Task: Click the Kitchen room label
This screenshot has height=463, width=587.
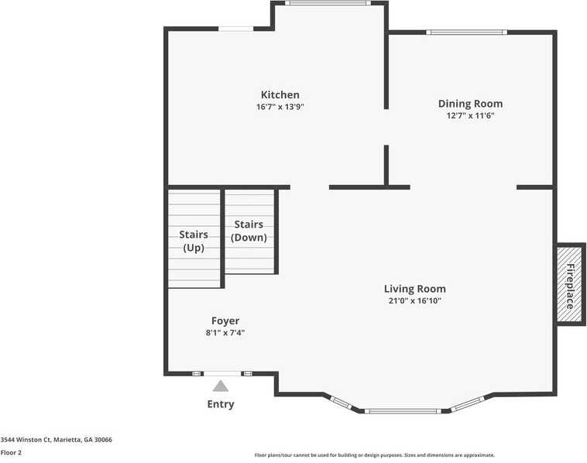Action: click(x=280, y=94)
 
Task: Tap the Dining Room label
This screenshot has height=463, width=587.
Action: click(x=470, y=104)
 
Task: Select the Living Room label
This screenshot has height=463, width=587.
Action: click(x=414, y=289)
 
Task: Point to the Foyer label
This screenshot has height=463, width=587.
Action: click(x=225, y=321)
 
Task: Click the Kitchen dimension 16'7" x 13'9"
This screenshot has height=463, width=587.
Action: click(x=280, y=107)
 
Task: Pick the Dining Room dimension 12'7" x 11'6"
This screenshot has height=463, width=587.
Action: click(x=470, y=115)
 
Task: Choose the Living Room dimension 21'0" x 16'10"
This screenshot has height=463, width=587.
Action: click(x=414, y=301)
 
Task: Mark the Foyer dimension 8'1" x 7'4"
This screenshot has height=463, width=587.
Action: click(x=225, y=333)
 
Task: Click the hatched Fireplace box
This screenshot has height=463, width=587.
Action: click(x=569, y=285)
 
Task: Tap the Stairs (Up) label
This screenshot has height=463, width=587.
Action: click(x=193, y=241)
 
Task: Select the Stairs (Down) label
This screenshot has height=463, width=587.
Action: click(x=249, y=231)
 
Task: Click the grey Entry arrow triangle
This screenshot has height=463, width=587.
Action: click(x=221, y=386)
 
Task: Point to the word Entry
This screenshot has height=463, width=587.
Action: click(x=221, y=404)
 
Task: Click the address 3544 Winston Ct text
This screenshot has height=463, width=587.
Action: click(x=56, y=440)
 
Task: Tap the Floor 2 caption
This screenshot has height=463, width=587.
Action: click(x=11, y=452)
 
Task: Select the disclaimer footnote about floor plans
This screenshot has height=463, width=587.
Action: click(x=374, y=455)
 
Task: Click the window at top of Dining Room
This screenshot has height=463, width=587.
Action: click(x=467, y=33)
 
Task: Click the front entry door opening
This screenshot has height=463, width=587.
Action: click(x=222, y=373)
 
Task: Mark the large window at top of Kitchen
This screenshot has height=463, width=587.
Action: click(x=327, y=3)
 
